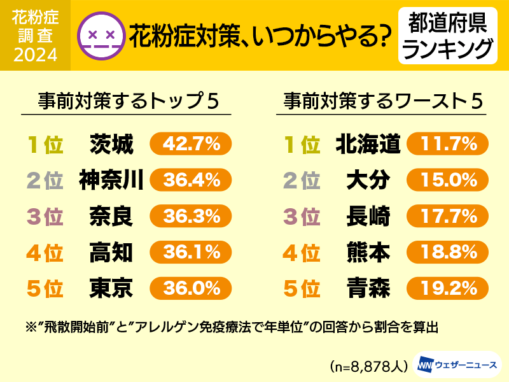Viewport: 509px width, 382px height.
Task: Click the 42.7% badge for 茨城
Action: coord(190,145)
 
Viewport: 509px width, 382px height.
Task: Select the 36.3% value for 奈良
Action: coord(190,217)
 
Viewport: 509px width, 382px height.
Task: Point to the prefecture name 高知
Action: coord(111,253)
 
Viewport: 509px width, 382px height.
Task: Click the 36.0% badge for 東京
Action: coord(190,289)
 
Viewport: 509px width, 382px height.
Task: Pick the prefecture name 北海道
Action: coord(368,145)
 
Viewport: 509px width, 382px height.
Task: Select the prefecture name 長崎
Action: coord(368,217)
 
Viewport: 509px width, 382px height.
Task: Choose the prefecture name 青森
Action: coord(368,289)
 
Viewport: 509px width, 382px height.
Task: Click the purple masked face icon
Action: coord(99,35)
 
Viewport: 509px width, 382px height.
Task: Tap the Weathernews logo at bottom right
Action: coord(456,365)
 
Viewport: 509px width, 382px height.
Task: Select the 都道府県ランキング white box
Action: coord(448,35)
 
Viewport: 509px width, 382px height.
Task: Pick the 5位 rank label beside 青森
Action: coord(301,290)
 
